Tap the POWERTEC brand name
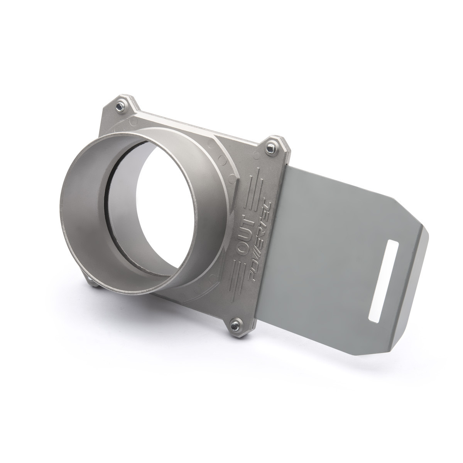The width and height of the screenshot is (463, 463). [257, 243]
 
